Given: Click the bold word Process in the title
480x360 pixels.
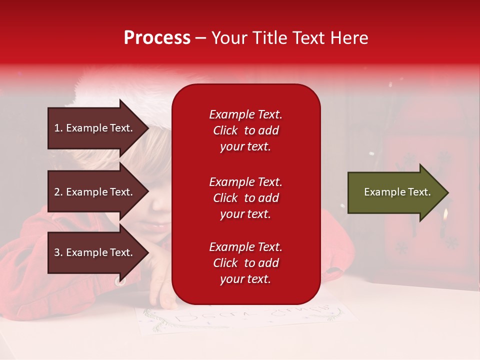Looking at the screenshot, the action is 157,38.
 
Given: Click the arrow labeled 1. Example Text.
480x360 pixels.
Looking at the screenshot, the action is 98,128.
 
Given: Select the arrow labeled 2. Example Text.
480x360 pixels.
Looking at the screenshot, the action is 98,191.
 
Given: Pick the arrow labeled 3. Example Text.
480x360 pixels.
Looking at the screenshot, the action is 98,252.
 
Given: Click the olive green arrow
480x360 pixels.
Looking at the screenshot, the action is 398,192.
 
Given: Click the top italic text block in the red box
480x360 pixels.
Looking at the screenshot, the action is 246,130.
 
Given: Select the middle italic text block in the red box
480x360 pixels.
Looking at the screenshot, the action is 246,198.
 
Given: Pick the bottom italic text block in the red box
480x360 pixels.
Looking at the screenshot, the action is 246,262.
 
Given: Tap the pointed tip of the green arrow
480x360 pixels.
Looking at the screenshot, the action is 448,192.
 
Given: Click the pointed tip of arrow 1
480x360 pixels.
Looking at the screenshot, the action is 149,128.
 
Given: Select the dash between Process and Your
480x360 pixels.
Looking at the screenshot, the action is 200,39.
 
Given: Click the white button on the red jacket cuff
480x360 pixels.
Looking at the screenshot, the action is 120,282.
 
